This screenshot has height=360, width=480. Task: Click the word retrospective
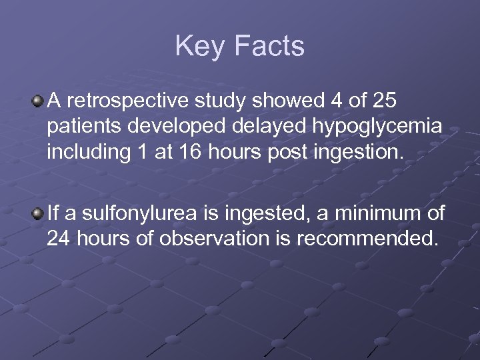click(125, 101)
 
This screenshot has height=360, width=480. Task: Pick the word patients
click(79, 127)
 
